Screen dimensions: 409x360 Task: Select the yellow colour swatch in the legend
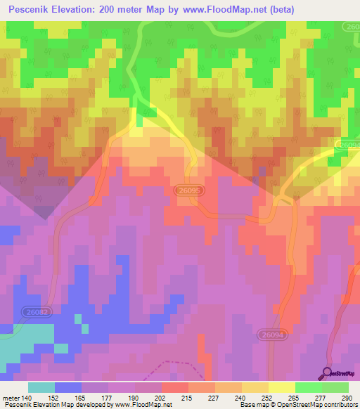[282, 387]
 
